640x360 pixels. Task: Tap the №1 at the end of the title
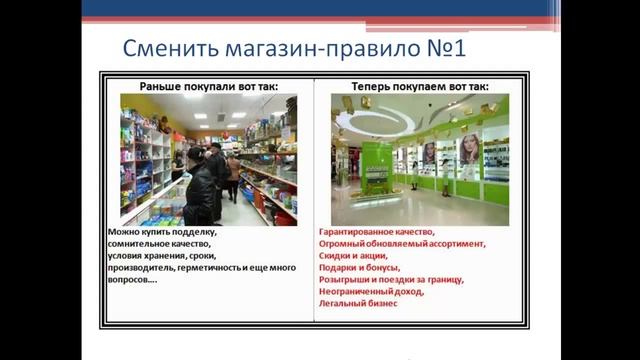pyautogui.click(x=442, y=48)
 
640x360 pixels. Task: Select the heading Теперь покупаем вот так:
pyautogui.click(x=421, y=87)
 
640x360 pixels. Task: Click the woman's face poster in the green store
pyautogui.click(x=469, y=151)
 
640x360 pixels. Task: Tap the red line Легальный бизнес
pyautogui.click(x=358, y=303)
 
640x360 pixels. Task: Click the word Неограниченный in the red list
pyautogui.click(x=354, y=291)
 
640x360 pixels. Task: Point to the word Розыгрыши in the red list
pyautogui.click(x=344, y=279)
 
